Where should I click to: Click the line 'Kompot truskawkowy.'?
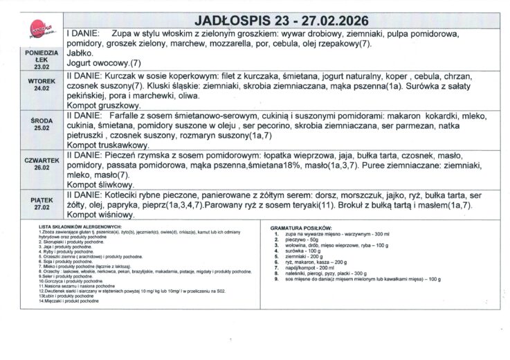coord(108,146)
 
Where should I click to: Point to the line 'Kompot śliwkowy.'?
coord(101,186)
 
